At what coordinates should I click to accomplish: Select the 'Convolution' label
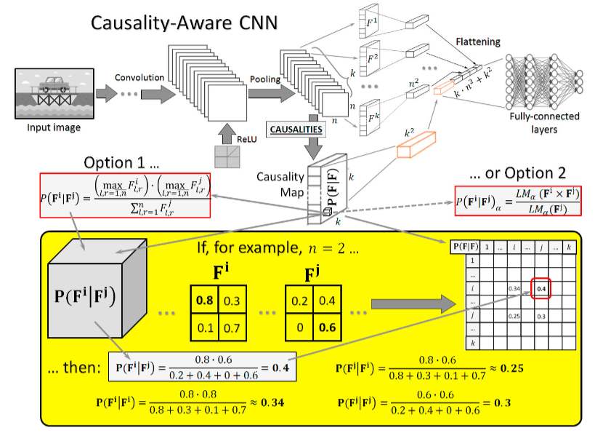coord(138,77)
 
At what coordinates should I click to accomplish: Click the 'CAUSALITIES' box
coord(296,130)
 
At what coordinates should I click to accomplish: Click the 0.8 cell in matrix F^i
coord(206,298)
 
